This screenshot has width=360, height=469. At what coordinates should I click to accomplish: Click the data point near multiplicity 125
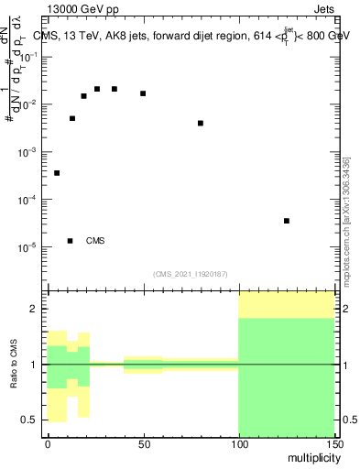(x=287, y=221)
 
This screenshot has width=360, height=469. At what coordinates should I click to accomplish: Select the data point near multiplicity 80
(x=201, y=123)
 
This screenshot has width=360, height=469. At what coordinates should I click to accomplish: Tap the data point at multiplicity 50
(x=143, y=93)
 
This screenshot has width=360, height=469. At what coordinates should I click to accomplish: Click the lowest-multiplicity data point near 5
(x=57, y=173)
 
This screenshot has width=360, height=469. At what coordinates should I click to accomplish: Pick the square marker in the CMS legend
(x=70, y=241)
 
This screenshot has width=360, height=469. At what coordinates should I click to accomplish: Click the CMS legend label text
(x=95, y=241)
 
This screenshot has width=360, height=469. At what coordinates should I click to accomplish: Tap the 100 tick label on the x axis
(x=238, y=442)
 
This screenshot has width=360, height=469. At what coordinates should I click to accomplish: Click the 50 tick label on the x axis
(x=143, y=442)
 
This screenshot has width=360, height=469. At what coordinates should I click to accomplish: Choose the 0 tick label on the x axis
(x=48, y=442)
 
